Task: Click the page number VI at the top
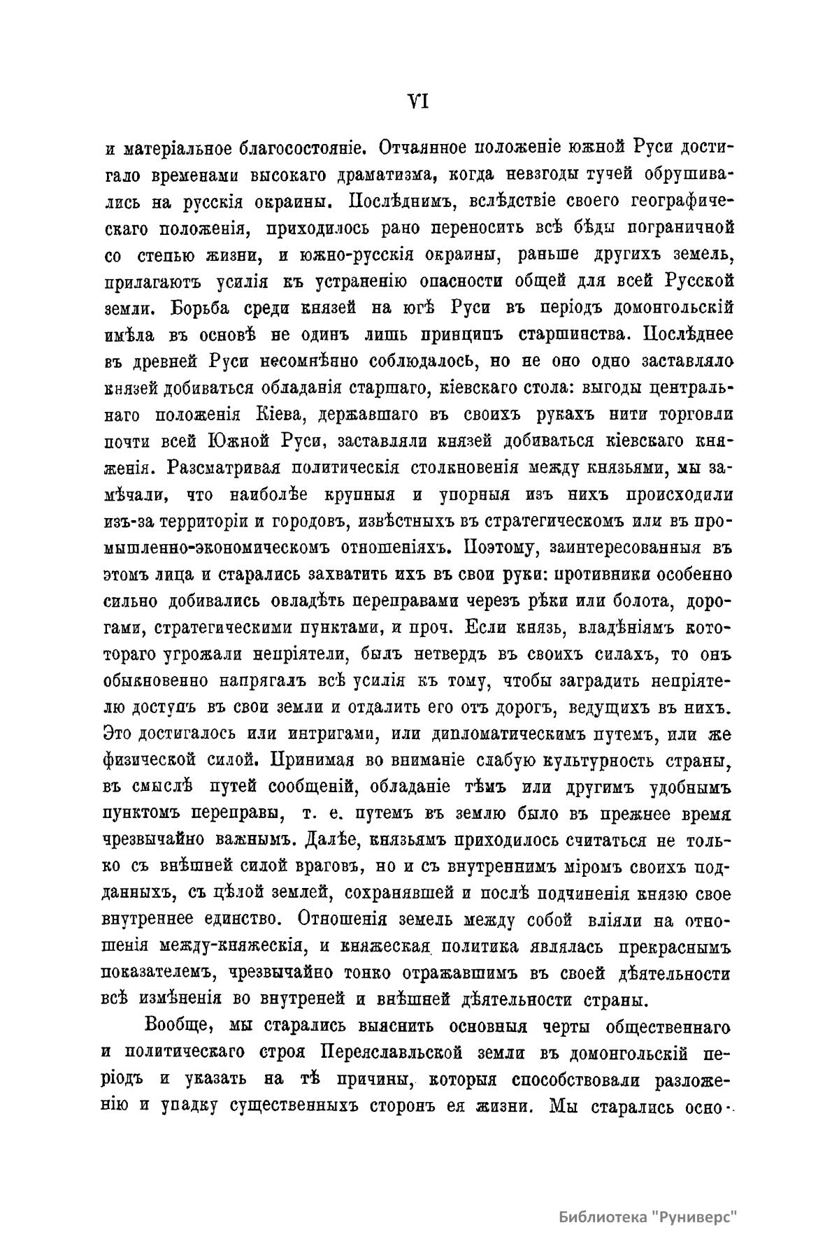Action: click(417, 102)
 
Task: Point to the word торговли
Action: click(696, 414)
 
